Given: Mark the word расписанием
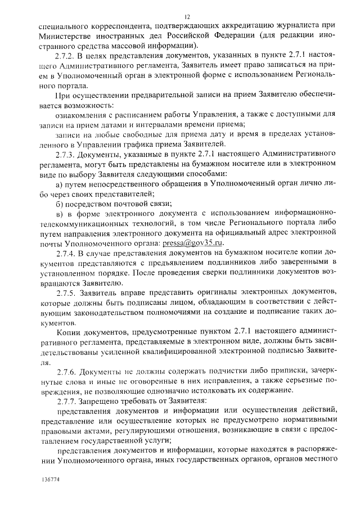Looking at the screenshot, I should tap(128, 115).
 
